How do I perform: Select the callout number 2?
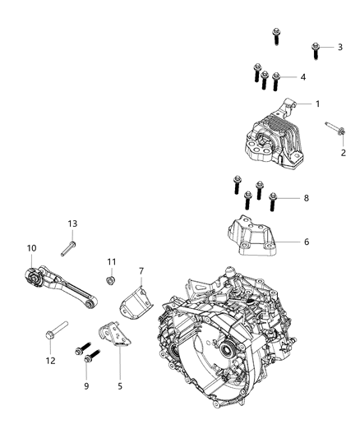pyautogui.click(x=344, y=153)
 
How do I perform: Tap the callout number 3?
pyautogui.click(x=339, y=47)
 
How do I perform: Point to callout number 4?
pyautogui.click(x=303, y=76)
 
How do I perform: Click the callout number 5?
pyautogui.click(x=121, y=384)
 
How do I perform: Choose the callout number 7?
pyautogui.click(x=141, y=270)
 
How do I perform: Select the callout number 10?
pyautogui.click(x=32, y=247)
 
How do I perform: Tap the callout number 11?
pyautogui.click(x=112, y=261)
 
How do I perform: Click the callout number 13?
pyautogui.click(x=72, y=223)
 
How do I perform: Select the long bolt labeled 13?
pyautogui.click(x=68, y=247)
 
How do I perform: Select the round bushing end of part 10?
pyautogui.click(x=34, y=279)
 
